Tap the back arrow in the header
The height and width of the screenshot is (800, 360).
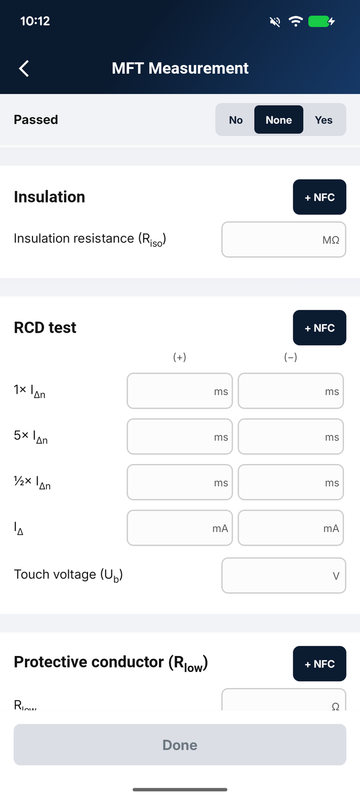tap(24, 68)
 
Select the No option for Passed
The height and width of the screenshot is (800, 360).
tap(236, 120)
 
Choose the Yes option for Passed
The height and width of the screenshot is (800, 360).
tap(324, 120)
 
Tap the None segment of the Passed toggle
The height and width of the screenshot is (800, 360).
tap(278, 119)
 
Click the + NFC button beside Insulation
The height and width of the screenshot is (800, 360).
tap(319, 197)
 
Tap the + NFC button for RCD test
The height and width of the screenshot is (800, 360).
tap(319, 328)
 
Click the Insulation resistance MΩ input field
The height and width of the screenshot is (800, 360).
tap(284, 239)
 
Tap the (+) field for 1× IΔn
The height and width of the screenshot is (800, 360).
tap(180, 391)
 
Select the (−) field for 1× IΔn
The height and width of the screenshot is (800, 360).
tap(291, 391)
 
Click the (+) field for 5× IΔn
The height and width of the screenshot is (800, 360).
tap(180, 437)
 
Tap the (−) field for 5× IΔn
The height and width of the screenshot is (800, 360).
tap(291, 437)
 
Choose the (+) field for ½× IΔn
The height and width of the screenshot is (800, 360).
tap(180, 483)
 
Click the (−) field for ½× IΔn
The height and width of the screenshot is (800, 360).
tap(291, 483)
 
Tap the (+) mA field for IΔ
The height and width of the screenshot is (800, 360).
tap(180, 528)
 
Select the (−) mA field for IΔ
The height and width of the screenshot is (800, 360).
tap(291, 528)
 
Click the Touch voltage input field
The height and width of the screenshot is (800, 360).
tap(284, 575)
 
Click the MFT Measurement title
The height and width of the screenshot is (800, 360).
tap(180, 68)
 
